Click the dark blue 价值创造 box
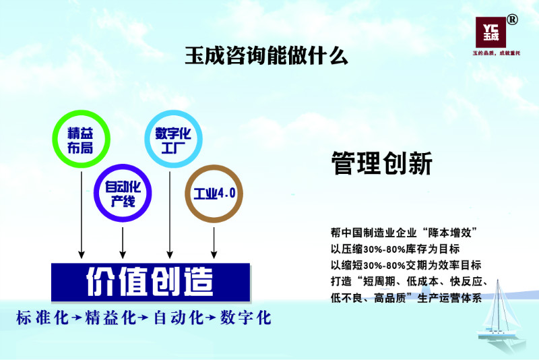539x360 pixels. [x=150, y=282]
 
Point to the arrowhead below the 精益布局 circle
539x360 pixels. [x=82, y=254]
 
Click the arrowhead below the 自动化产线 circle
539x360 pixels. [x=123, y=254]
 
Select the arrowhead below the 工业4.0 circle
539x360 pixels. [x=214, y=254]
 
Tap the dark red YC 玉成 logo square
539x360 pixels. [x=490, y=32]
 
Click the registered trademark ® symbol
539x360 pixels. [x=512, y=20]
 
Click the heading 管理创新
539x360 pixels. [x=382, y=163]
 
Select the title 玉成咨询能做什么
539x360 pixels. [x=266, y=56]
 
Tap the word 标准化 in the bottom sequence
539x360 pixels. [x=42, y=318]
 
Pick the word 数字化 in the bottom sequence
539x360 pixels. [x=245, y=318]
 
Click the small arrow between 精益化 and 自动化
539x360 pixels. [x=143, y=318]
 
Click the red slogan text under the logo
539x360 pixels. [x=497, y=53]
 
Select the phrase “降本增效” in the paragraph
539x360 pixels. [x=450, y=233]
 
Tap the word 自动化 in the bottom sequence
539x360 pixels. [x=179, y=318]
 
